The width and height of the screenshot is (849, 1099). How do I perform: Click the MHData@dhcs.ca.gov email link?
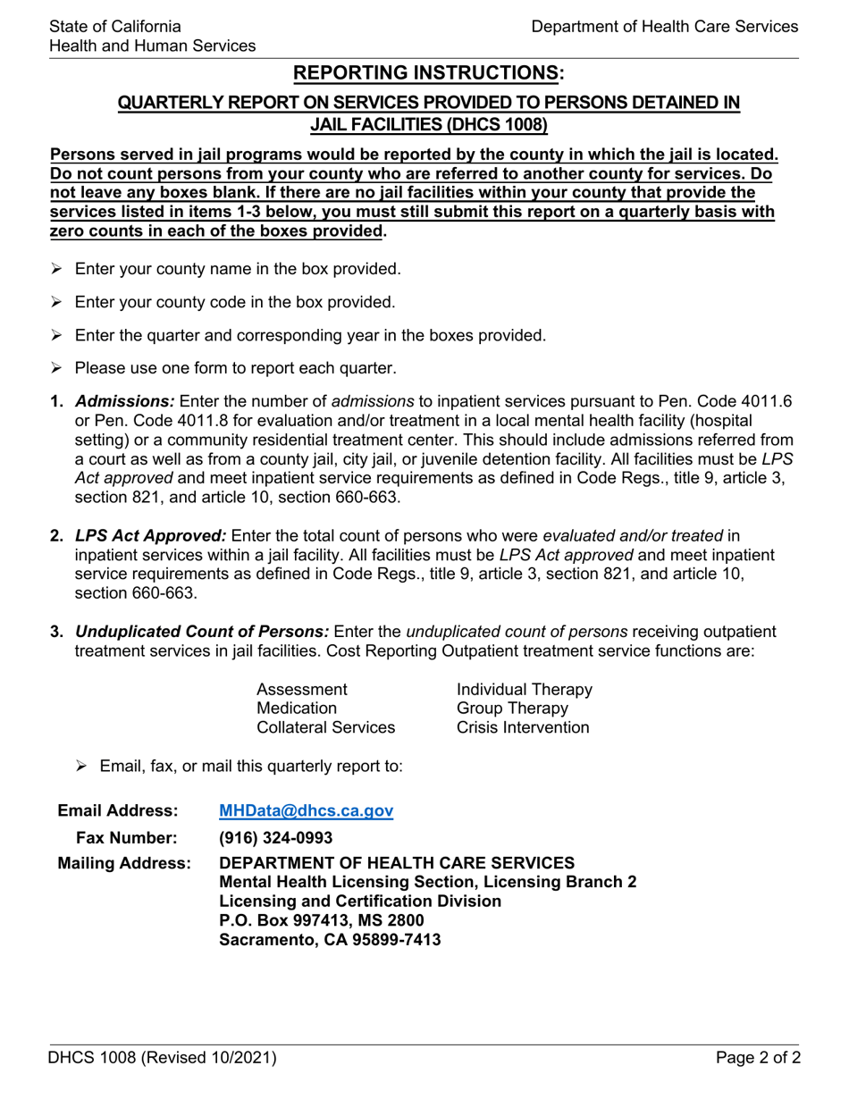306,811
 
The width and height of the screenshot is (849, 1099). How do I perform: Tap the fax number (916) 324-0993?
275,838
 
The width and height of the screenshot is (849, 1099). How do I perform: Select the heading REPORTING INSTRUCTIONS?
429,73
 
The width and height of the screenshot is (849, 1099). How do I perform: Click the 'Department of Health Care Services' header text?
664,27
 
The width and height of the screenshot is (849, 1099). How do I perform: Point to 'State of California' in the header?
115,27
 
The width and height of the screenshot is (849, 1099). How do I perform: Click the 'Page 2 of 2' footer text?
758,1059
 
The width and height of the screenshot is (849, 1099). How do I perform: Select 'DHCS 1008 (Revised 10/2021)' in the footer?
163,1059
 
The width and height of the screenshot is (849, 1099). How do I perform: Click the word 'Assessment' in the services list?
302,690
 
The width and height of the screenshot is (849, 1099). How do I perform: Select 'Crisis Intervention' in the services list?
523,727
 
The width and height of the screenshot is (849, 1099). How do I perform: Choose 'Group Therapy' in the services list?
512,709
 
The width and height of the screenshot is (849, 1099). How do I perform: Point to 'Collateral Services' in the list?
326,727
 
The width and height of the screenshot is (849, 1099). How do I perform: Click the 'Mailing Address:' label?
124,864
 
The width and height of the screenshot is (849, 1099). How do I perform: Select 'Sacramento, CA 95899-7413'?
330,940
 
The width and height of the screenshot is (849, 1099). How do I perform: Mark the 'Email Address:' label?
118,811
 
